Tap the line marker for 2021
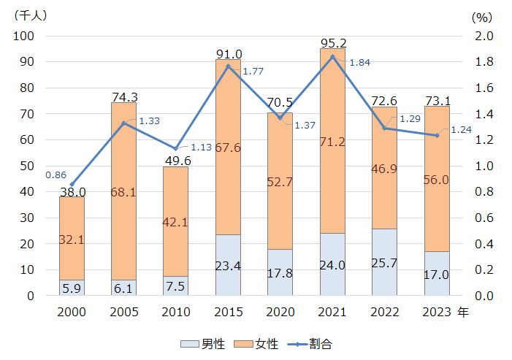coord(332,56)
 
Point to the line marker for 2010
coord(175,148)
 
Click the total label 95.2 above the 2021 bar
coord(332,42)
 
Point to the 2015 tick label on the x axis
coord(228,312)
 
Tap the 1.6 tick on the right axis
coord(485,88)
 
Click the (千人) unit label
coord(31,15)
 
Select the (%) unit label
coord(482,15)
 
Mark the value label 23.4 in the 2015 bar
coord(228,266)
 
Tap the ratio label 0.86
coord(56,175)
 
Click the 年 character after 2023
coord(463,312)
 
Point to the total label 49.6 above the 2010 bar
coord(175,161)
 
